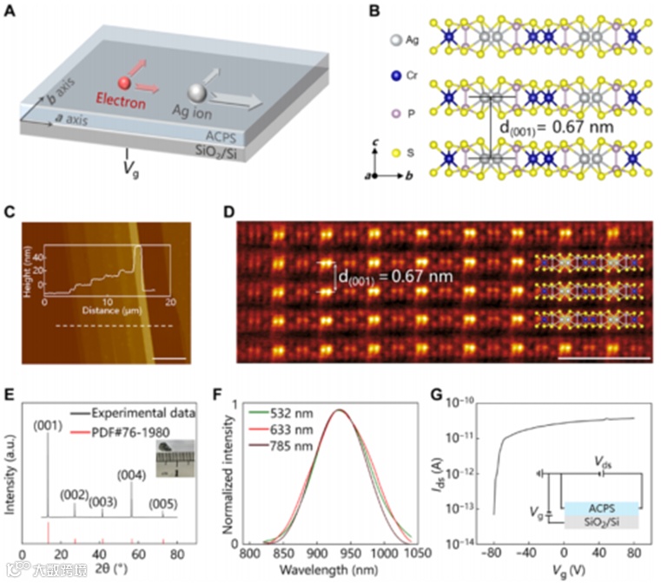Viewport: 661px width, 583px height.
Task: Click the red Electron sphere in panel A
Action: (x=126, y=83)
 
